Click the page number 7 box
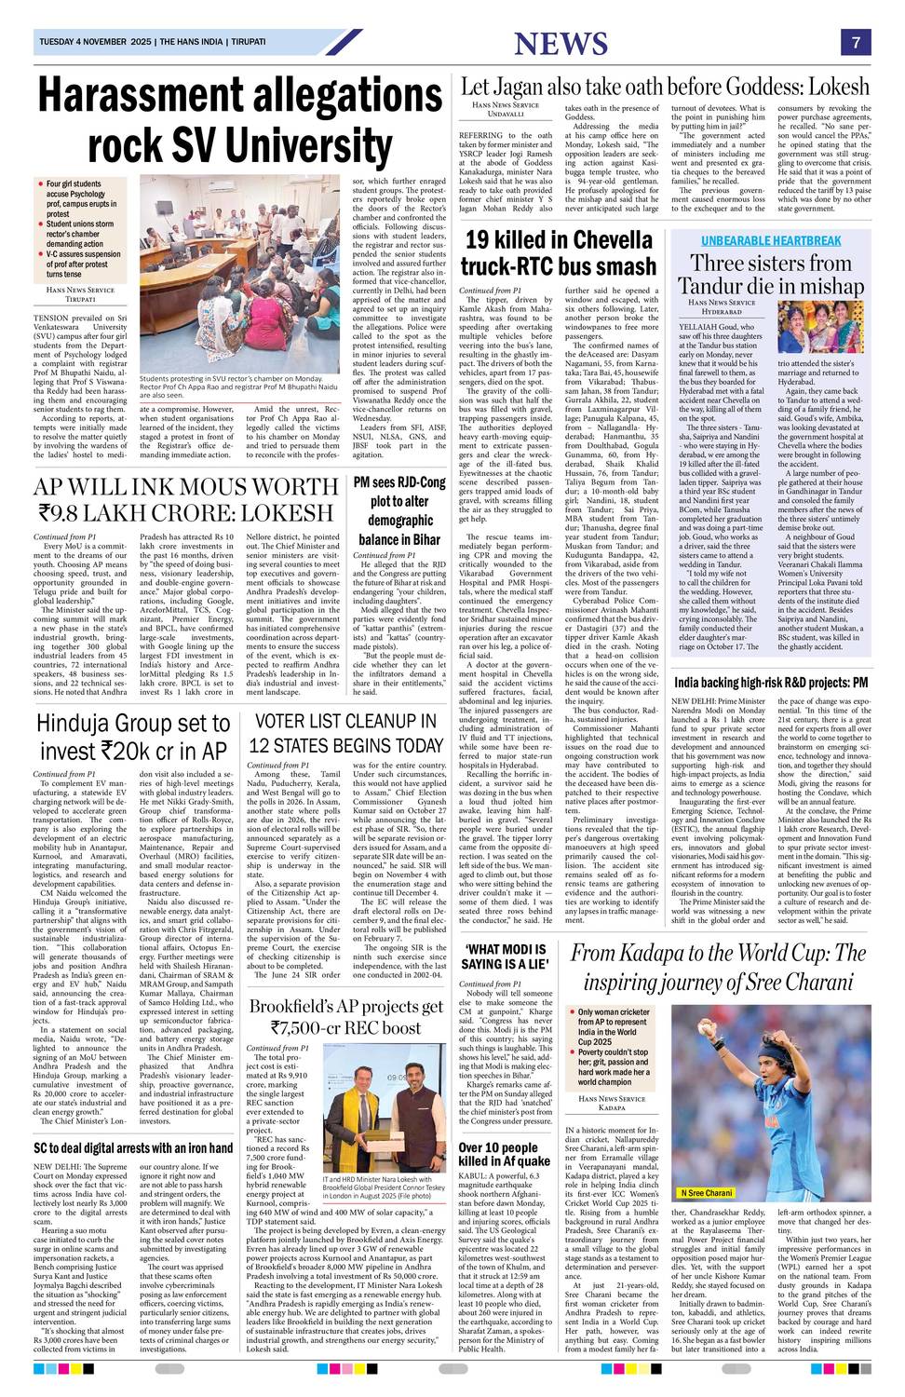[x=854, y=43]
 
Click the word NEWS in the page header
[x=560, y=44]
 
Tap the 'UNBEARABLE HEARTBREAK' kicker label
[x=770, y=240]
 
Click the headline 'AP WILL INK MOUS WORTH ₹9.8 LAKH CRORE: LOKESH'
[x=183, y=498]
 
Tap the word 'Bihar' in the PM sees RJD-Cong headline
[x=425, y=539]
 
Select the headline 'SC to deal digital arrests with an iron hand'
[x=132, y=1147]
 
